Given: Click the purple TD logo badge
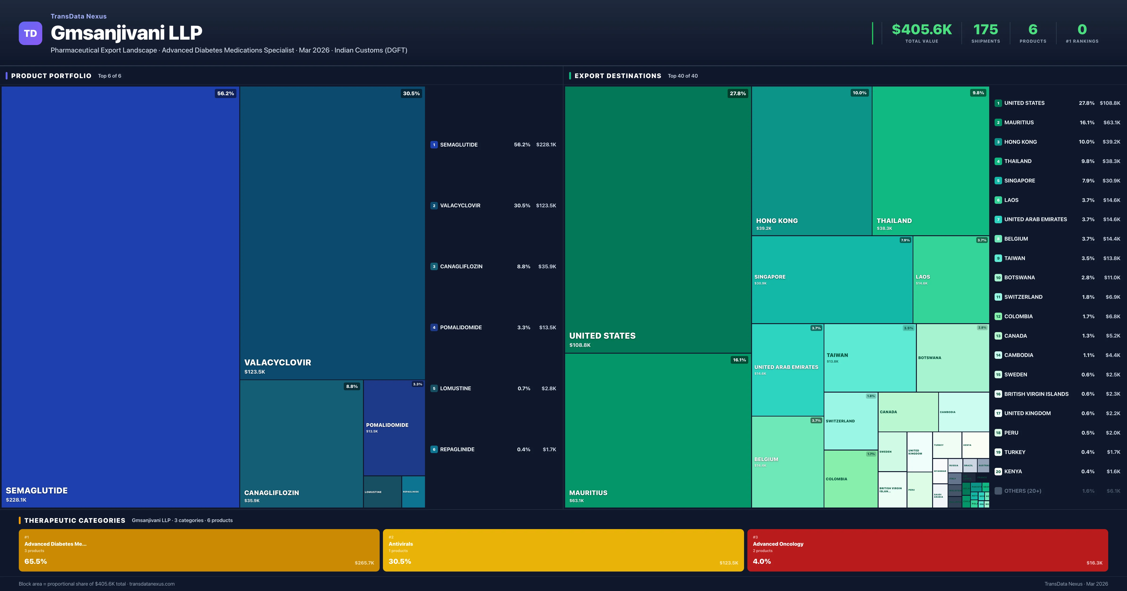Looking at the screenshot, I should [x=30, y=33].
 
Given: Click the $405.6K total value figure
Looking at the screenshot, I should [x=921, y=30].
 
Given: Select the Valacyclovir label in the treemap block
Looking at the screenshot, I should [x=277, y=362].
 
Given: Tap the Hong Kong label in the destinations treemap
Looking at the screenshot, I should [x=776, y=221].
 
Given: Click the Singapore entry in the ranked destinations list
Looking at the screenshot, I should [x=1019, y=181].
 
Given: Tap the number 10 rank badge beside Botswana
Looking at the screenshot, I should [x=998, y=278].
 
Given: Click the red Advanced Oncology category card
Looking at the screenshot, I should [x=927, y=550].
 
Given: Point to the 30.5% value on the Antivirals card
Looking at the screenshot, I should [x=399, y=561].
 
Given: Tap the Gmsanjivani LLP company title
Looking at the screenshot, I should [x=127, y=33].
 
